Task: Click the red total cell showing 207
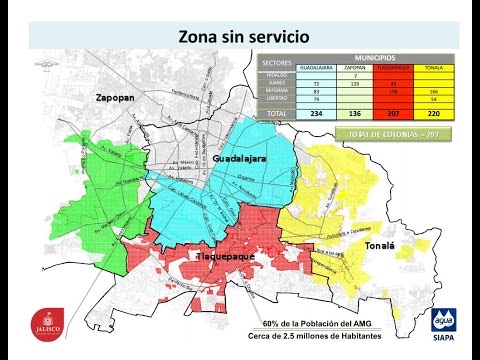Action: point(394,114)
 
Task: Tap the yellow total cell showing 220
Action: point(433,114)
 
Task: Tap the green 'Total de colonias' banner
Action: point(394,133)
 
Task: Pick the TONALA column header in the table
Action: point(433,67)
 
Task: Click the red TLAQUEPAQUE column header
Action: point(394,67)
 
